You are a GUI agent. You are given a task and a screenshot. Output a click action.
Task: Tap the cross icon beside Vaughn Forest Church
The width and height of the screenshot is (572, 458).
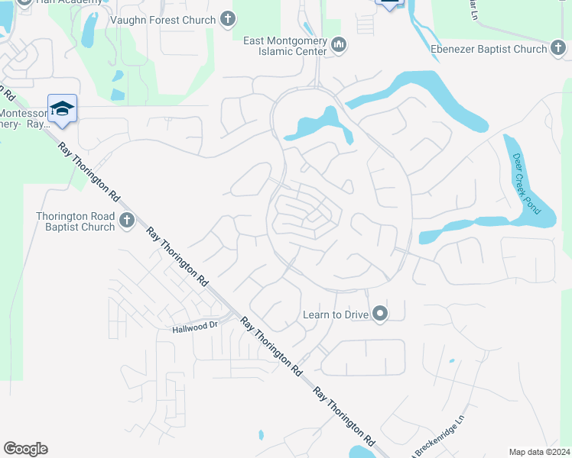227,19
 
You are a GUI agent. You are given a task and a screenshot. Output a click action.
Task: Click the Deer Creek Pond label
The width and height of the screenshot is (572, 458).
526,184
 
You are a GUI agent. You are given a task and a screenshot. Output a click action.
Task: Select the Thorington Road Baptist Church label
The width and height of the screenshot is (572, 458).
75,221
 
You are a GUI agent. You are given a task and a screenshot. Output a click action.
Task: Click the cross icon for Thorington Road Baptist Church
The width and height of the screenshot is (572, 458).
127,221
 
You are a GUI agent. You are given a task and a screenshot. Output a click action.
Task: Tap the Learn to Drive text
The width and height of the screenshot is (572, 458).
335,314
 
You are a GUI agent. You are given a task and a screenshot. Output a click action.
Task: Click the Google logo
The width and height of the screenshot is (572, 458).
25,449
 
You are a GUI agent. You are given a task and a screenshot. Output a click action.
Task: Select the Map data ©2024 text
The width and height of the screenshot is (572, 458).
539,452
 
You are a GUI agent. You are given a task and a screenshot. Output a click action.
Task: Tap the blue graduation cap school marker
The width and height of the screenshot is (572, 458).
62,108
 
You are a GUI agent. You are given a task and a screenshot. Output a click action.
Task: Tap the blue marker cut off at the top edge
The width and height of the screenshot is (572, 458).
390,3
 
